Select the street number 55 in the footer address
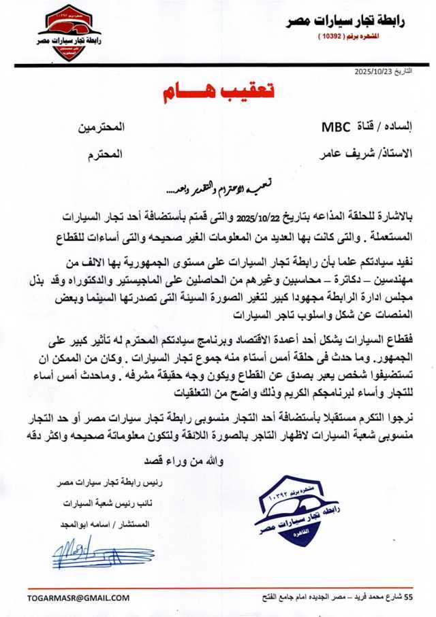pyautogui.click(x=409, y=598)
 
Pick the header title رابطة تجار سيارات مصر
pyautogui.click(x=354, y=21)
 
